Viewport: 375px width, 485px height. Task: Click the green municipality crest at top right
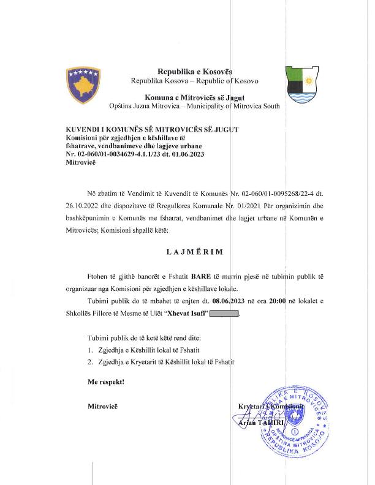click(301, 86)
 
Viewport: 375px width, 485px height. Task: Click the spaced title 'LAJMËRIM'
click(194, 252)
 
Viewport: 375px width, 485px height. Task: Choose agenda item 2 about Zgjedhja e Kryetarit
click(161, 363)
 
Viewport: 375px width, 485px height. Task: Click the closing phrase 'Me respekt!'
click(106, 382)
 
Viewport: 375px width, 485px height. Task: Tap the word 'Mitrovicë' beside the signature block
click(102, 406)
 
